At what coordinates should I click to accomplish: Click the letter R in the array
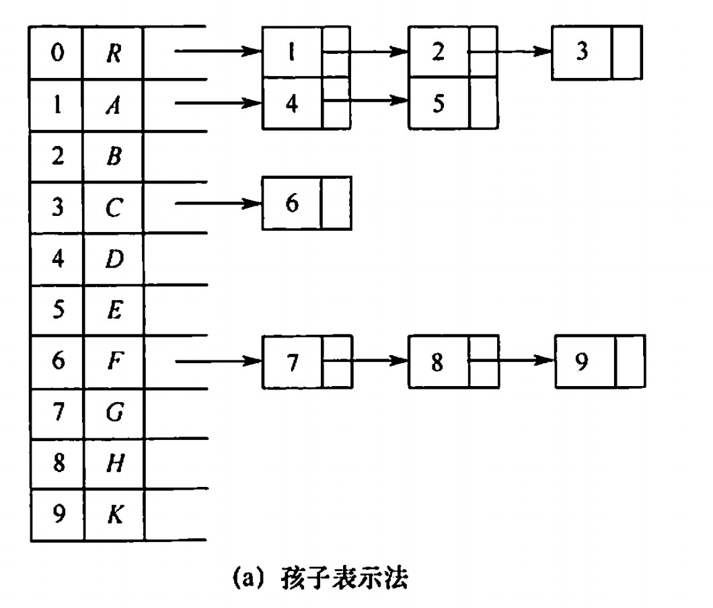pyautogui.click(x=113, y=54)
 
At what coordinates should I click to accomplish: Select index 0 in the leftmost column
pyautogui.click(x=57, y=54)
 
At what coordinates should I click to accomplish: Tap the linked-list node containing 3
pyautogui.click(x=582, y=53)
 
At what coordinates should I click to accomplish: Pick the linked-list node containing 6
pyautogui.click(x=292, y=203)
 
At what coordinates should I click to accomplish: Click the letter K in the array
pyautogui.click(x=114, y=515)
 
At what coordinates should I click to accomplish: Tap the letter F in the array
pyautogui.click(x=113, y=362)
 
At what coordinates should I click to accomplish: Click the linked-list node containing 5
pyautogui.click(x=439, y=104)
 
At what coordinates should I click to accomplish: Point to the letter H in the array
pyautogui.click(x=114, y=464)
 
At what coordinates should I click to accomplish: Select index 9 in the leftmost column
pyautogui.click(x=57, y=515)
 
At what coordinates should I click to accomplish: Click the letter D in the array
pyautogui.click(x=114, y=259)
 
